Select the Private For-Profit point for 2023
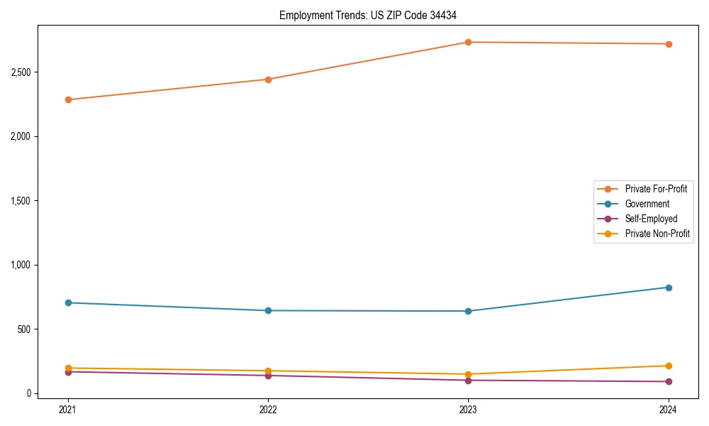469,42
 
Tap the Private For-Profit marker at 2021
68,99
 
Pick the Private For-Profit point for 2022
268,80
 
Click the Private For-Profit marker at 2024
669,44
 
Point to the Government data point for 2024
669,288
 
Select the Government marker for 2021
68,302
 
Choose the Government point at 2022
268,310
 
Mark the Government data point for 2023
469,311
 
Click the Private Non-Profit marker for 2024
669,366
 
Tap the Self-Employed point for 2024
669,381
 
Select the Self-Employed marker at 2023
469,381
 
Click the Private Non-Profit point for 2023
469,374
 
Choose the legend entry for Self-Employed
651,219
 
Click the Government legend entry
647,204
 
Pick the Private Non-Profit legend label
657,234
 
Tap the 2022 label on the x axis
268,409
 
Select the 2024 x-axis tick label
669,409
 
